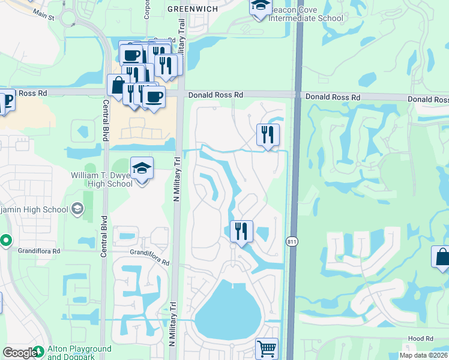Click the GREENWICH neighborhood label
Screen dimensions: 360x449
pos(192,8)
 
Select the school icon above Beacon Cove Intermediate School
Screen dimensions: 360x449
pos(261,7)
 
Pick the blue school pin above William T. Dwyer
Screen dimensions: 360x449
pos(142,169)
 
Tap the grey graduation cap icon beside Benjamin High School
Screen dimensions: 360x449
pos(77,209)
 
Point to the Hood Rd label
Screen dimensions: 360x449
pos(420,338)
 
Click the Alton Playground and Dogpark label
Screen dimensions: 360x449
pos(79,353)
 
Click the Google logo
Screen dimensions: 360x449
pos(19,353)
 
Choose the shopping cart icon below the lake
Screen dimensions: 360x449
pos(267,348)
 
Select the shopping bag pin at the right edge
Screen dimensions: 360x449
pos(442,257)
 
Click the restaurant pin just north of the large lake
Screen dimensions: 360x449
pos(241,231)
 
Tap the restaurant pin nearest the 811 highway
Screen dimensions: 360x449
pos(268,134)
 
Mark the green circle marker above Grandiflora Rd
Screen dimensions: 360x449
pos(5,241)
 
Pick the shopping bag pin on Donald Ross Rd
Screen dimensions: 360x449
pos(117,85)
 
